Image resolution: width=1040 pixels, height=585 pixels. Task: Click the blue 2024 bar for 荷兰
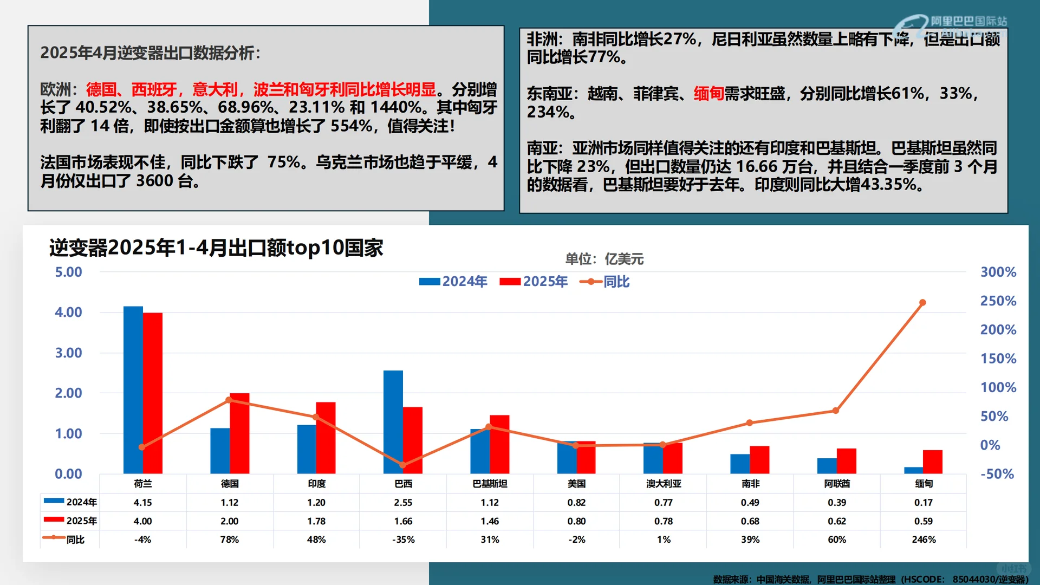coord(133,390)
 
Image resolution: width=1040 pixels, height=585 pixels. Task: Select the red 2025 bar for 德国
coord(239,433)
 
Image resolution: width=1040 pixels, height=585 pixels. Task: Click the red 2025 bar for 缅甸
coord(933,462)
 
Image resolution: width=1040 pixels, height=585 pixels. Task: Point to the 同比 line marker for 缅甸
coord(922,303)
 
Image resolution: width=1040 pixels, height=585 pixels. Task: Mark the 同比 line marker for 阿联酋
coord(836,411)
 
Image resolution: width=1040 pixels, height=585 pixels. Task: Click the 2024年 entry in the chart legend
coord(454,282)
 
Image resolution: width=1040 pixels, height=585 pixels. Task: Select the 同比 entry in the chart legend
coord(606,282)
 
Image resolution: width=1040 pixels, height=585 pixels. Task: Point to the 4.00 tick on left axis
coord(68,313)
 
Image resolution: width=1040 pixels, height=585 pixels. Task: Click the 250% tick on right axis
coord(998,301)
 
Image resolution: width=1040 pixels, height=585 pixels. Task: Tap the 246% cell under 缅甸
coord(924,539)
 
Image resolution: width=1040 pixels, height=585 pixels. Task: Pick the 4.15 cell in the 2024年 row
coord(142,503)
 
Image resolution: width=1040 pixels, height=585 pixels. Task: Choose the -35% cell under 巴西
coord(403,539)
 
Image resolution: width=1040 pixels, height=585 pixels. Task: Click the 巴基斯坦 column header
coord(490,484)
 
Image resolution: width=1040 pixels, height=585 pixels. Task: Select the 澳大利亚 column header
coord(664,484)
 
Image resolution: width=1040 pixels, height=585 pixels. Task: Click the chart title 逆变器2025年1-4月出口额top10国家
coord(216,248)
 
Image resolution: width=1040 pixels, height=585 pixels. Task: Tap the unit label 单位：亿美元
coord(604,259)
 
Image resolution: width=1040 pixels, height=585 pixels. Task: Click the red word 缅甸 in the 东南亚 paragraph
coord(708,94)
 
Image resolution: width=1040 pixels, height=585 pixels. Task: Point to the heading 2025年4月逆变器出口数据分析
coord(150,53)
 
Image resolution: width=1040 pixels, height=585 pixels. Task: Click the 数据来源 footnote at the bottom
coord(870,579)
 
